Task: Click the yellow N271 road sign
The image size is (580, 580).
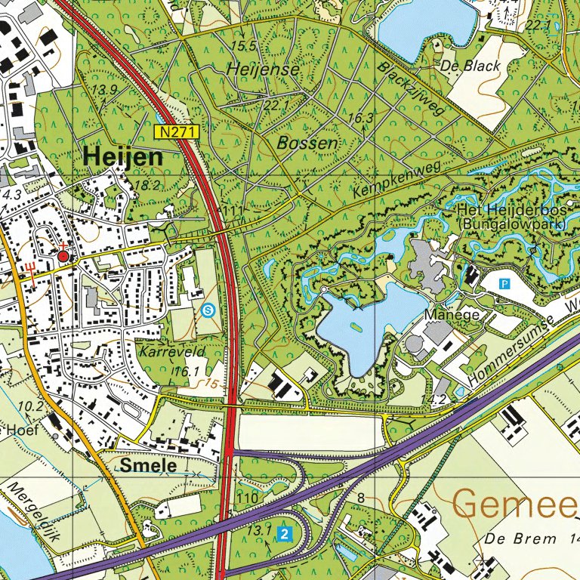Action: [x=178, y=131]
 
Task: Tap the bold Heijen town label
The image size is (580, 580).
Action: [x=123, y=157]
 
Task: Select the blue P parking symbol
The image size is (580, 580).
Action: [x=505, y=284]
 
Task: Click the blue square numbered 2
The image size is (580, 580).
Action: [x=284, y=534]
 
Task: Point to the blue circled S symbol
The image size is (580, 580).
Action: [x=208, y=309]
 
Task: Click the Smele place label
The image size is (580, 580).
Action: [x=148, y=466]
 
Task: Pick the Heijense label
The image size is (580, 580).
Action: [x=264, y=69]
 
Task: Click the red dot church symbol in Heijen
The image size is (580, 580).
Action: [x=63, y=258]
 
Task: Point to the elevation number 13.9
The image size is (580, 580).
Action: [x=105, y=91]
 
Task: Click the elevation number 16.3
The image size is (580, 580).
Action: [x=361, y=118]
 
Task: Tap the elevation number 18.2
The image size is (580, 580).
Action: [x=147, y=185]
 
